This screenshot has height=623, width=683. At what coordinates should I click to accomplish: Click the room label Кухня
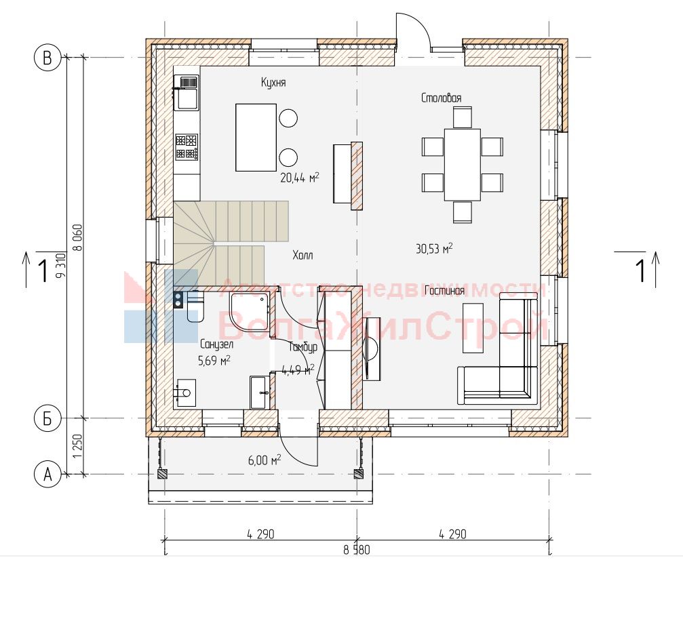point(273,82)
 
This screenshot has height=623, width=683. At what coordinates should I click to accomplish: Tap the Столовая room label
point(442,98)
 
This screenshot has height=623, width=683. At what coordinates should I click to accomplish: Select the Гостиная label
point(444,290)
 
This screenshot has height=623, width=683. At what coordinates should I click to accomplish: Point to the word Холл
point(303,255)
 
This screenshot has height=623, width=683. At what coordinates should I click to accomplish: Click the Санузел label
point(216,344)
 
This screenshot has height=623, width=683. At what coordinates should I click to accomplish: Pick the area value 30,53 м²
point(434,249)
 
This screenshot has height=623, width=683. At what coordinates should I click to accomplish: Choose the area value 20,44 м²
point(300,177)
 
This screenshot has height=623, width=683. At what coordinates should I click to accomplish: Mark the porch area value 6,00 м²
point(265,460)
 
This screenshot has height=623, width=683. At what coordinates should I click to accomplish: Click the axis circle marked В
point(47,58)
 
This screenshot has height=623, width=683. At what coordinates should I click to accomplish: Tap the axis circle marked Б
point(47,418)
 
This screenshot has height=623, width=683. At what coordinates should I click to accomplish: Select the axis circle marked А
point(47,474)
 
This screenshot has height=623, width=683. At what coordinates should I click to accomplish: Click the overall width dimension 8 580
point(357,550)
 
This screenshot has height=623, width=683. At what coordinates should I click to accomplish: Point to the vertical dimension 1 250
point(77,446)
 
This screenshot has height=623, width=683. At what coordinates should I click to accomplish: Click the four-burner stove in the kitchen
point(187,147)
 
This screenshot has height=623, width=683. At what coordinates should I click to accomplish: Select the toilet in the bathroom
point(195,307)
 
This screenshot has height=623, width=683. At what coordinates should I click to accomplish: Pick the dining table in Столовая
point(462,165)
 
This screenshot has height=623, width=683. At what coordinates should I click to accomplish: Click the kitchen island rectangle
point(256,137)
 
